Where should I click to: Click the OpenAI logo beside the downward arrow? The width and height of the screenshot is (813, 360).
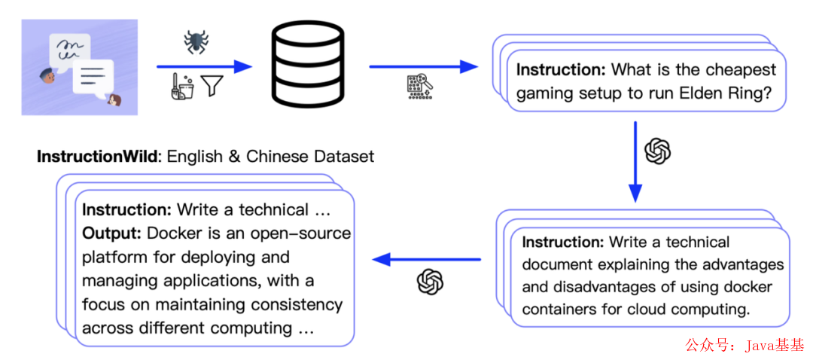[657, 151]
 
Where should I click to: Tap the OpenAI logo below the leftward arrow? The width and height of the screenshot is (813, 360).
[430, 282]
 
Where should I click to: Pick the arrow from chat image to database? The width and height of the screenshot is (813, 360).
[203, 67]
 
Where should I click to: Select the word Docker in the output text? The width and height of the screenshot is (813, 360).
[172, 233]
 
